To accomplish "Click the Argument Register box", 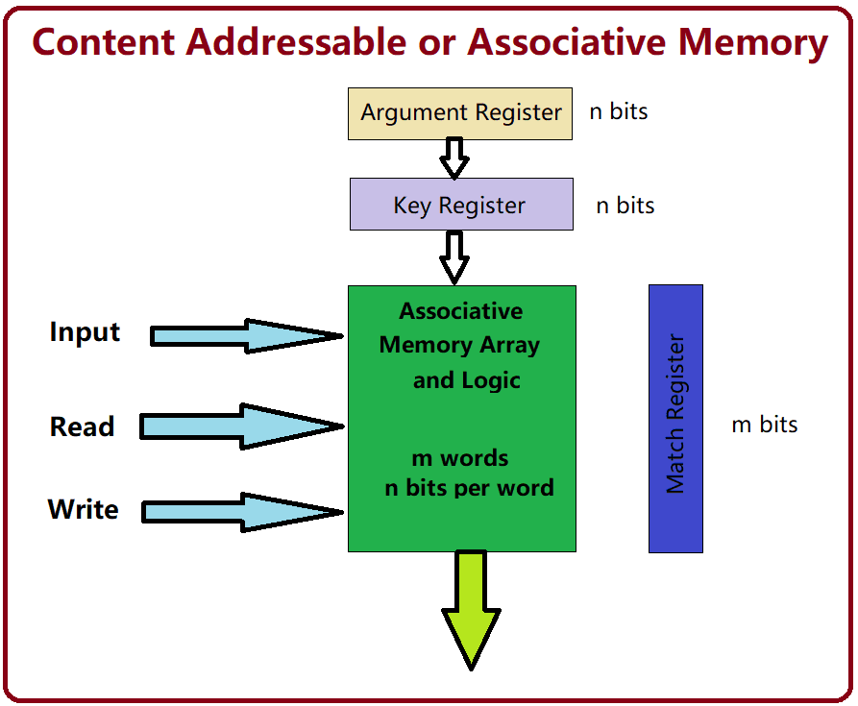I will click(460, 113).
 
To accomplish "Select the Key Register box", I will click(460, 205).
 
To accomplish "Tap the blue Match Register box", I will click(675, 418).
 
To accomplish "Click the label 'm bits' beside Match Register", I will click(765, 425).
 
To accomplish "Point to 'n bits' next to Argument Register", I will click(619, 111).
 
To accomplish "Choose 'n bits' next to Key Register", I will click(625, 206).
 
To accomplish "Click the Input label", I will click(85, 332).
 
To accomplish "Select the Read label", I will click(83, 426).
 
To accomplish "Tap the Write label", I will click(84, 509).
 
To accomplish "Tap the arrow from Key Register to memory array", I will click(454, 256).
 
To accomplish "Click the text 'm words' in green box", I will click(460, 458).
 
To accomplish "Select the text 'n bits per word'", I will click(469, 488).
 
